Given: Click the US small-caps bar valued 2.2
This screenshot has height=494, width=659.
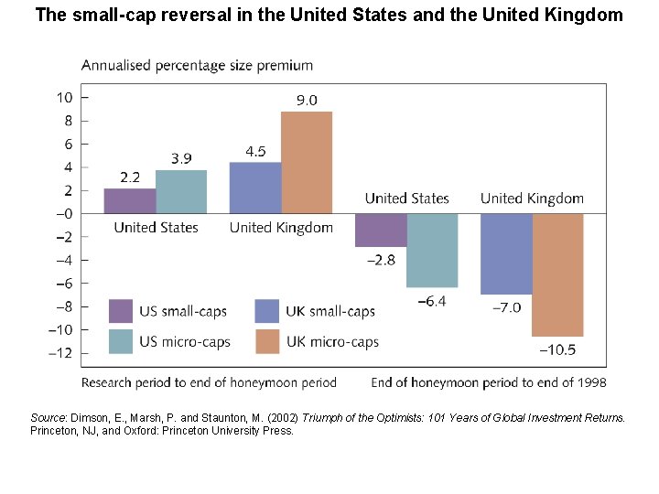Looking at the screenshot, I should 130,200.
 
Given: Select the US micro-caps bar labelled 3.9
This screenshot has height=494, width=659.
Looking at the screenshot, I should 181,191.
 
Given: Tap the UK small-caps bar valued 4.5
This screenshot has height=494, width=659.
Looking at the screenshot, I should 255,188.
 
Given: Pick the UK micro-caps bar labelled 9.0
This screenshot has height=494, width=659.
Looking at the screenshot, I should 307,162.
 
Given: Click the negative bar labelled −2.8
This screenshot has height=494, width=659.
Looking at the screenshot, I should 381,230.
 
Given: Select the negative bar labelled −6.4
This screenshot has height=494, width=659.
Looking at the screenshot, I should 432,251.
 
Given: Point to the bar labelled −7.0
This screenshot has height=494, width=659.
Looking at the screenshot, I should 506,253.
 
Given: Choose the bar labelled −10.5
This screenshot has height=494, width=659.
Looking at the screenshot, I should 557,274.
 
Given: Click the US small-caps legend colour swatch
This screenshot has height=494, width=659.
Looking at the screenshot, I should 121,311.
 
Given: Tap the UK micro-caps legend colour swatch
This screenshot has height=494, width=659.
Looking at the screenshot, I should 267,341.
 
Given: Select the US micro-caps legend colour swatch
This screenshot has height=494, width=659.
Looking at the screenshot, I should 121,341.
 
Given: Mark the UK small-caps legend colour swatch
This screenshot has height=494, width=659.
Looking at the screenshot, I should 267,311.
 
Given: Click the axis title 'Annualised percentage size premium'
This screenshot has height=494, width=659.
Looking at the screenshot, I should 197,66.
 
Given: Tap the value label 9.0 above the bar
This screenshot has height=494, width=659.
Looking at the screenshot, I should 306,101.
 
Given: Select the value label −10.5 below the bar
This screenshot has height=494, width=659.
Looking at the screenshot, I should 557,349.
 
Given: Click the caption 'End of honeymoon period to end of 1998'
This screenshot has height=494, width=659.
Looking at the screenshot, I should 488,382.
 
